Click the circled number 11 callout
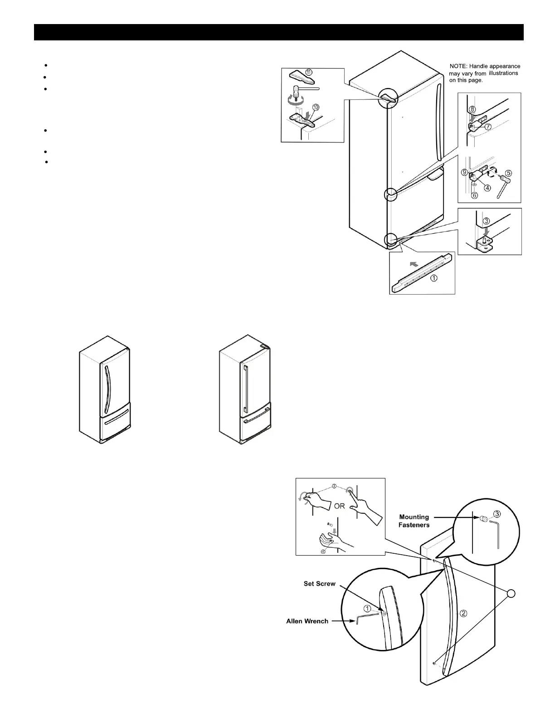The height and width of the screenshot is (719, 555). (x=309, y=72)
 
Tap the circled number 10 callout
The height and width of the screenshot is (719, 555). (x=316, y=107)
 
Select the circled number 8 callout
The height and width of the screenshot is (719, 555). (x=472, y=109)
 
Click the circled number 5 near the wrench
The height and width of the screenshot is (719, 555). (x=508, y=173)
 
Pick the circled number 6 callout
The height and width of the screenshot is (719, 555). (x=474, y=195)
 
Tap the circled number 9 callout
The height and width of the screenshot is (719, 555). (x=464, y=172)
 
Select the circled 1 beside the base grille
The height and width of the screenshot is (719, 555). (x=434, y=278)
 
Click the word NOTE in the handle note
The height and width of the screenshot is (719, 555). (x=458, y=67)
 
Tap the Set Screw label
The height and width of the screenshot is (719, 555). (x=319, y=584)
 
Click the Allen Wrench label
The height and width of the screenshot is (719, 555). (x=307, y=621)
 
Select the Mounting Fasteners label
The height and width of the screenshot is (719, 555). (x=414, y=520)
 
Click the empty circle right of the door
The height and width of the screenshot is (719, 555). (x=511, y=593)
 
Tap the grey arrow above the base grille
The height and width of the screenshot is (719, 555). (x=414, y=263)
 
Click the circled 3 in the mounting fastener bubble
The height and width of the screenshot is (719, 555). (x=497, y=514)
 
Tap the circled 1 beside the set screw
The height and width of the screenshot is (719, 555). (x=368, y=608)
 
